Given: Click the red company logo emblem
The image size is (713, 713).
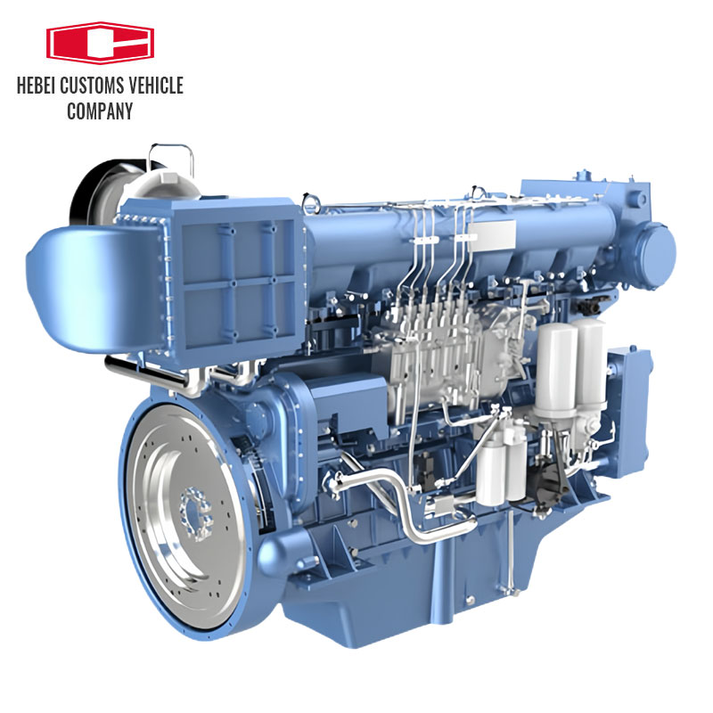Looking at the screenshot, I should pos(100,42).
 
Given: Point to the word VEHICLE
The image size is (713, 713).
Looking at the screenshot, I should pos(159,86).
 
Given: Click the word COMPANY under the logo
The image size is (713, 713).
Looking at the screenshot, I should pos(100,111).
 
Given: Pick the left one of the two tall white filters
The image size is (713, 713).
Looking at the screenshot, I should pos(555,365).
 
